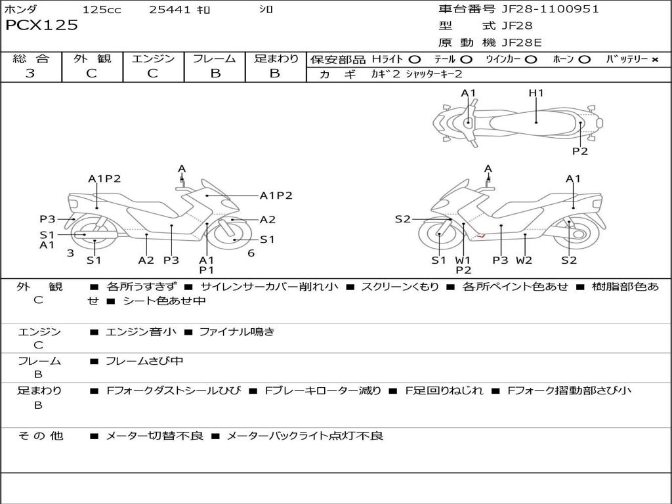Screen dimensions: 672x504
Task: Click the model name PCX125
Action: tap(42, 26)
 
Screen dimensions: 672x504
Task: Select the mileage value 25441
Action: tap(169, 10)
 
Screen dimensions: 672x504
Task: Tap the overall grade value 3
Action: tap(30, 73)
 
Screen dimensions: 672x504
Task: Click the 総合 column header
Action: tap(31, 58)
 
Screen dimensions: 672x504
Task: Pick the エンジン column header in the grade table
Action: tap(153, 58)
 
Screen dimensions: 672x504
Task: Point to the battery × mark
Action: tap(654, 60)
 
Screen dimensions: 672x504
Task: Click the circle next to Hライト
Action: tap(415, 60)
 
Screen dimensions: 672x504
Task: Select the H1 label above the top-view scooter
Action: tap(536, 93)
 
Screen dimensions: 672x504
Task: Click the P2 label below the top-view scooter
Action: tap(579, 151)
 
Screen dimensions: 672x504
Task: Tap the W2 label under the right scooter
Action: tap(524, 261)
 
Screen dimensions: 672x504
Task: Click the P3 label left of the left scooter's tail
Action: tap(47, 219)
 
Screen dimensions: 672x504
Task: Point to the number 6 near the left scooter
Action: tap(251, 253)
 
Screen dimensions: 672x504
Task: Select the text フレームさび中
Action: tap(144, 362)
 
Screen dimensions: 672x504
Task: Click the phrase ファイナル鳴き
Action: tap(236, 332)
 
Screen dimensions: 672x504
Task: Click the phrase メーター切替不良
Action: tap(154, 436)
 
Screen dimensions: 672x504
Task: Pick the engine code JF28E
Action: tap(522, 43)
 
